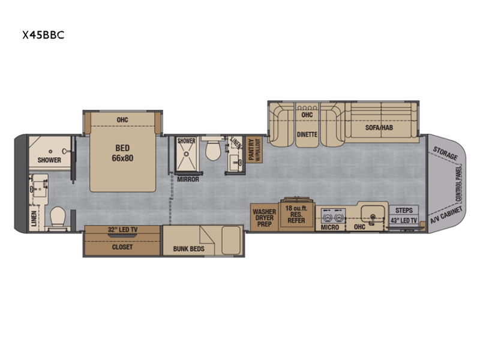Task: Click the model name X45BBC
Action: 43,35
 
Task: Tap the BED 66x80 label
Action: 122,153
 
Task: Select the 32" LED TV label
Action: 122,230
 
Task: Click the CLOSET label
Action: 122,247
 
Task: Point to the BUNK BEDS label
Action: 188,249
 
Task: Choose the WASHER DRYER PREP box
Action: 264,217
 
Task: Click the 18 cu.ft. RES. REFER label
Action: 296,214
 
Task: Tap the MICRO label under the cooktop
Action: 329,227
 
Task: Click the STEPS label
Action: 404,211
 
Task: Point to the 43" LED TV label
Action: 404,220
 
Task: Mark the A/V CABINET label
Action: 446,215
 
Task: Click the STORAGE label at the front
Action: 445,154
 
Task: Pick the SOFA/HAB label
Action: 379,127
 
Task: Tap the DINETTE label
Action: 307,134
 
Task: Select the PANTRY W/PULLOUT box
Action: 254,149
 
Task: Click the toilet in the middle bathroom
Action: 213,149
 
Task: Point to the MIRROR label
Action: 188,179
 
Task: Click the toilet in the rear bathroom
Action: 58,217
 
